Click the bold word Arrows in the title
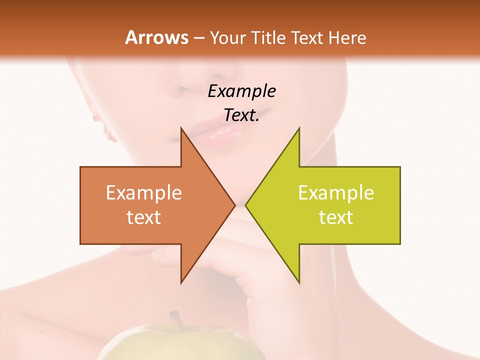157,37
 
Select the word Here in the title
347,38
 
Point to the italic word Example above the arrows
242,91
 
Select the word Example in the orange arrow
144,192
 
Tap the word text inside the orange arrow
144,217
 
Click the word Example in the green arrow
336,192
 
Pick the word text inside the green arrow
336,217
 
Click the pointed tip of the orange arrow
234,205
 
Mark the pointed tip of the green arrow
246,205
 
